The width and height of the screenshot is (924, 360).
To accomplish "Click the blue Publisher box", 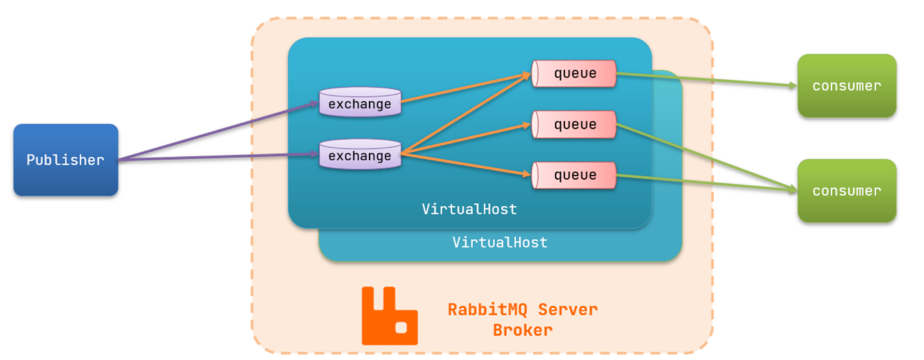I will pos(66,160).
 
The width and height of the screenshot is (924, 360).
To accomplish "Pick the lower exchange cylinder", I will pos(360,155).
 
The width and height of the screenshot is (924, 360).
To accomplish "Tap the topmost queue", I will pos(574,74).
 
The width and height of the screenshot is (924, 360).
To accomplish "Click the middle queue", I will pos(574,124).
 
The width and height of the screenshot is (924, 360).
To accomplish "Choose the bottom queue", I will pos(574,175).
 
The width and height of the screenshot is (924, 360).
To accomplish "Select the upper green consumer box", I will pos(847,85).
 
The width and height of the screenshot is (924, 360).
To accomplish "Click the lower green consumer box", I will pos(847,190).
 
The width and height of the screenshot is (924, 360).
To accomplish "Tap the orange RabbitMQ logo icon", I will pos(389,316).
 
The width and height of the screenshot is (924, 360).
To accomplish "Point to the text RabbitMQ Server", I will pos(522,310).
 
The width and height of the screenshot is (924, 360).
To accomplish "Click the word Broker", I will pos(522,330).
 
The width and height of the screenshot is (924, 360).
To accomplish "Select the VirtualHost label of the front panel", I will pos(469,209).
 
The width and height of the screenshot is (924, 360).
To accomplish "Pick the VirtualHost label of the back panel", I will pos(500,242).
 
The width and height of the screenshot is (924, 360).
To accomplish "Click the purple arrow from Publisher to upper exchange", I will pos(217,132).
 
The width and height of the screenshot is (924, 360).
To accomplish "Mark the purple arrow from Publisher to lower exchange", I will pos(217,157).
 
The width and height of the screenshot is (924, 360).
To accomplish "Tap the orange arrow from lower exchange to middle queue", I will pos(465,139).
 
